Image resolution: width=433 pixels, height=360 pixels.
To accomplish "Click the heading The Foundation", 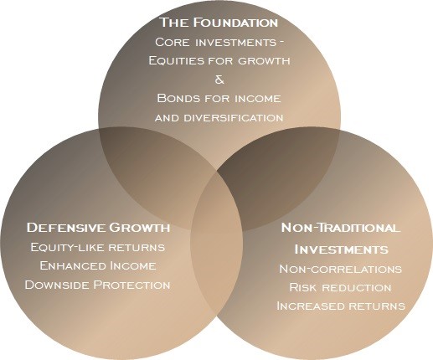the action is pyautogui.click(x=219, y=23).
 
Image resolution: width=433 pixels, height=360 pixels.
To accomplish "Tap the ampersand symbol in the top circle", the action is pyautogui.click(x=219, y=80).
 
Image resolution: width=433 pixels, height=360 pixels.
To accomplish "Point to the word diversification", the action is pyautogui.click(x=234, y=118).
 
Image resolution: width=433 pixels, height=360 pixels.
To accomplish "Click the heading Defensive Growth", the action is pyautogui.click(x=98, y=228).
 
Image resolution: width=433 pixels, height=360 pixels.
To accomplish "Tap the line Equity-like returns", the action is pyautogui.click(x=98, y=247).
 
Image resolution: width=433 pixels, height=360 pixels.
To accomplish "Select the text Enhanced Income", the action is pyautogui.click(x=98, y=265).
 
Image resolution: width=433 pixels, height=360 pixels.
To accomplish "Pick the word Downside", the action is pyautogui.click(x=57, y=285).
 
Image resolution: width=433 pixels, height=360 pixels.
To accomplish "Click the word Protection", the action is pyautogui.click(x=131, y=285).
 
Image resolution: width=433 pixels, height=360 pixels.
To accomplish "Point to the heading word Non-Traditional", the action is pyautogui.click(x=340, y=228).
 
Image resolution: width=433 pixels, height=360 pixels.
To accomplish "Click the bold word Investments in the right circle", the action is pyautogui.click(x=341, y=249).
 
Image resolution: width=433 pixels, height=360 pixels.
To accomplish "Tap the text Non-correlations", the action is pyautogui.click(x=341, y=269).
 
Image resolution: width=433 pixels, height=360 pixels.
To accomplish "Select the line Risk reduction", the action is pyautogui.click(x=340, y=287).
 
